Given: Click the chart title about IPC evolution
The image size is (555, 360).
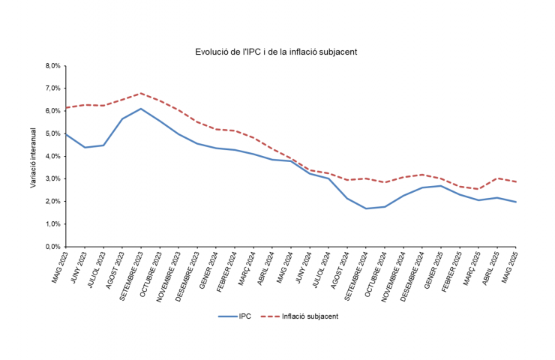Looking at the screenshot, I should point(275,52).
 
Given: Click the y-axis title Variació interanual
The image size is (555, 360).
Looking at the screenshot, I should point(34,157).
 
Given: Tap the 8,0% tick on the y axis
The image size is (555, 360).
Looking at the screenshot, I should point(52,66).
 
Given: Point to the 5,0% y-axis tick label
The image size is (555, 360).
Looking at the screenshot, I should point(52,133).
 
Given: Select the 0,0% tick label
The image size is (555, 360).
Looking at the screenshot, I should point(52,246).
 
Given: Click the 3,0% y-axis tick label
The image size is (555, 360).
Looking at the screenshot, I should point(52,178).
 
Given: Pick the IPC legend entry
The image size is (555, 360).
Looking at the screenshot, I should point(238,316).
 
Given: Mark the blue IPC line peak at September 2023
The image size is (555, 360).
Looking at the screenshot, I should point(141,109).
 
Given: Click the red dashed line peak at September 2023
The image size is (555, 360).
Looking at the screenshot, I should point(141,94).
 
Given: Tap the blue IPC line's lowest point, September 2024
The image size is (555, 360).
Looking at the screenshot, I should point(366,208).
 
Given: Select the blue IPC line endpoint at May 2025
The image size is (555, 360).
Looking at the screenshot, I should point(516,202).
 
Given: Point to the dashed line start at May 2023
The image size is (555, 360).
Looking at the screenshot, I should point(66,108).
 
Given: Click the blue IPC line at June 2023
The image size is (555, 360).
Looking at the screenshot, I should point(85,147).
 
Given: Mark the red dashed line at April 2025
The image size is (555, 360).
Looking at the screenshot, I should point(497,178).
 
